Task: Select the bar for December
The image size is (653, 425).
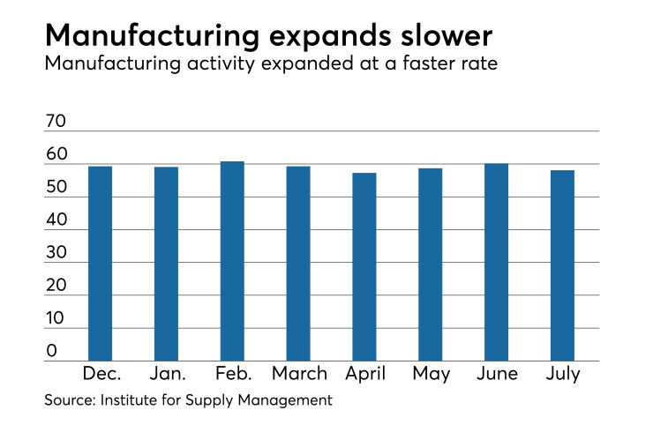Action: pyautogui.click(x=100, y=264)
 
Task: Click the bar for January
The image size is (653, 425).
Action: pyautogui.click(x=166, y=264)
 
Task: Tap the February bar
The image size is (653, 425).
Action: pyautogui.click(x=232, y=261)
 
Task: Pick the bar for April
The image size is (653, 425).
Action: pyautogui.click(x=364, y=267)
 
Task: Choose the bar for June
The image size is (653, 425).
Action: pyautogui.click(x=497, y=262)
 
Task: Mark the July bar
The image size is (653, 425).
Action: pyautogui.click(x=563, y=265)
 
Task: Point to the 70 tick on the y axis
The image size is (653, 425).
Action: pyautogui.click(x=56, y=121)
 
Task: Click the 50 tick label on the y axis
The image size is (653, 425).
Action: pyautogui.click(x=56, y=187)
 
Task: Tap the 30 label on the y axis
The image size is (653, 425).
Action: pyautogui.click(x=56, y=253)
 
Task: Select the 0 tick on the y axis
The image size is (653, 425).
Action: pyautogui.click(x=52, y=351)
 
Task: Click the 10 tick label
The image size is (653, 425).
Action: pyautogui.click(x=55, y=318)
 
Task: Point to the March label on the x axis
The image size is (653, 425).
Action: pyautogui.click(x=299, y=373)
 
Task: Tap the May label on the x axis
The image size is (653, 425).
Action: pyautogui.click(x=432, y=374)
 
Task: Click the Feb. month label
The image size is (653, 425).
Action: pyautogui.click(x=234, y=373)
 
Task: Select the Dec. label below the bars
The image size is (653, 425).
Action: pyautogui.click(x=102, y=373)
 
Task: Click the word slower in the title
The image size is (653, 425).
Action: pyautogui.click(x=447, y=36)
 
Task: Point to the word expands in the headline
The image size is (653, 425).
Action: pyautogui.click(x=330, y=37)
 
